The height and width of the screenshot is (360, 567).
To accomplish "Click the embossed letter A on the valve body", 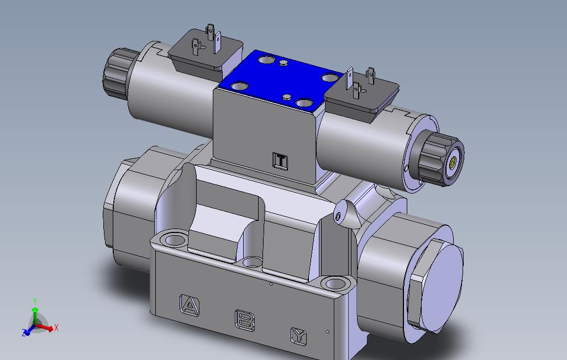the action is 190,305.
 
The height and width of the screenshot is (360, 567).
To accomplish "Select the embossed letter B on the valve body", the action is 245,320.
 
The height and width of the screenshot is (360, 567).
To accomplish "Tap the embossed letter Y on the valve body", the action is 299,336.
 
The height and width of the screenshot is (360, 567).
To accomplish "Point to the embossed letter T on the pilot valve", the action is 280,161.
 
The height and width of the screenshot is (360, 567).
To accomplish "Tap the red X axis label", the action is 56,328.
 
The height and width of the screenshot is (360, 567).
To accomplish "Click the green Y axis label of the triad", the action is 35,301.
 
